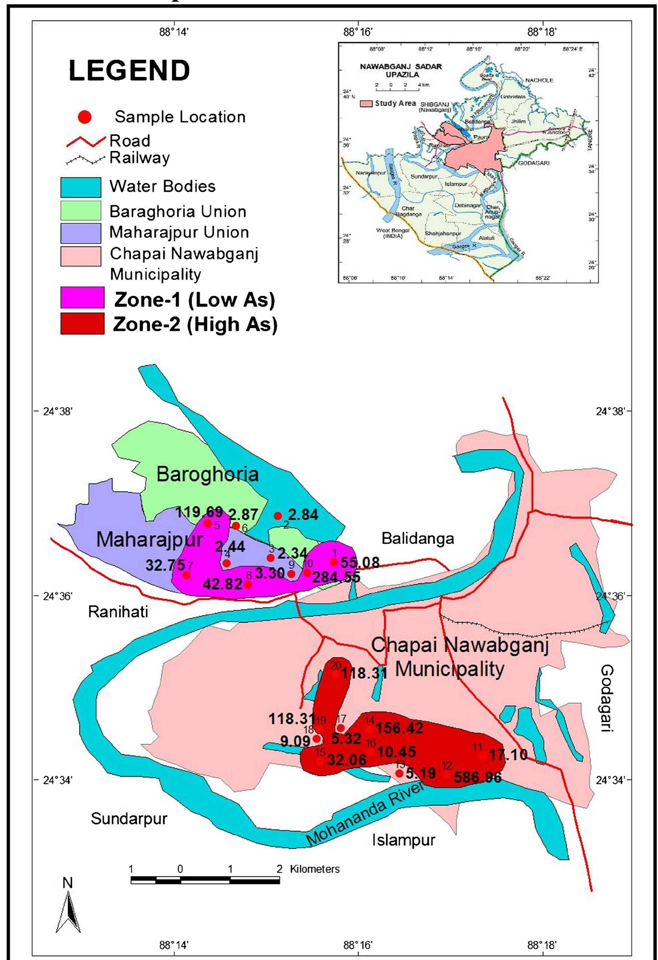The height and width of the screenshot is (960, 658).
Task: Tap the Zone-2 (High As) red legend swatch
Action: click(x=82, y=324)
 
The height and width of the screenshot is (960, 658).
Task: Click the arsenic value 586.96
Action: click(x=477, y=777)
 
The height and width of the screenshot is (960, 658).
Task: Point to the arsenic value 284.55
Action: click(x=336, y=577)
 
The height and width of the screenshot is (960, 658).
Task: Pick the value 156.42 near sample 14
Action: click(x=399, y=728)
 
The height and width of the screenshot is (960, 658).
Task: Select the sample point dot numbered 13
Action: click(x=399, y=773)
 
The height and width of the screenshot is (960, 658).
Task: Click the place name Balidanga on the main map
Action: click(x=418, y=538)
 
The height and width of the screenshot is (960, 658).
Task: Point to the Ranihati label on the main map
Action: click(x=118, y=612)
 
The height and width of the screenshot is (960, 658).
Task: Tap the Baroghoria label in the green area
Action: click(x=207, y=474)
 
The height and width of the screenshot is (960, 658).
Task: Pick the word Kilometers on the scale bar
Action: click(x=315, y=869)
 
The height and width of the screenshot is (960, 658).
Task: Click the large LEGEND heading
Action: click(x=129, y=71)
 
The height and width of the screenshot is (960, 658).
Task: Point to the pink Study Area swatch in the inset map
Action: click(x=366, y=103)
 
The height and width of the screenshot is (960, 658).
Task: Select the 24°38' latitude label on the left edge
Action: click(x=58, y=411)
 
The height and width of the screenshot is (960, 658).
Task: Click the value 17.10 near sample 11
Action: click(x=508, y=755)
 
